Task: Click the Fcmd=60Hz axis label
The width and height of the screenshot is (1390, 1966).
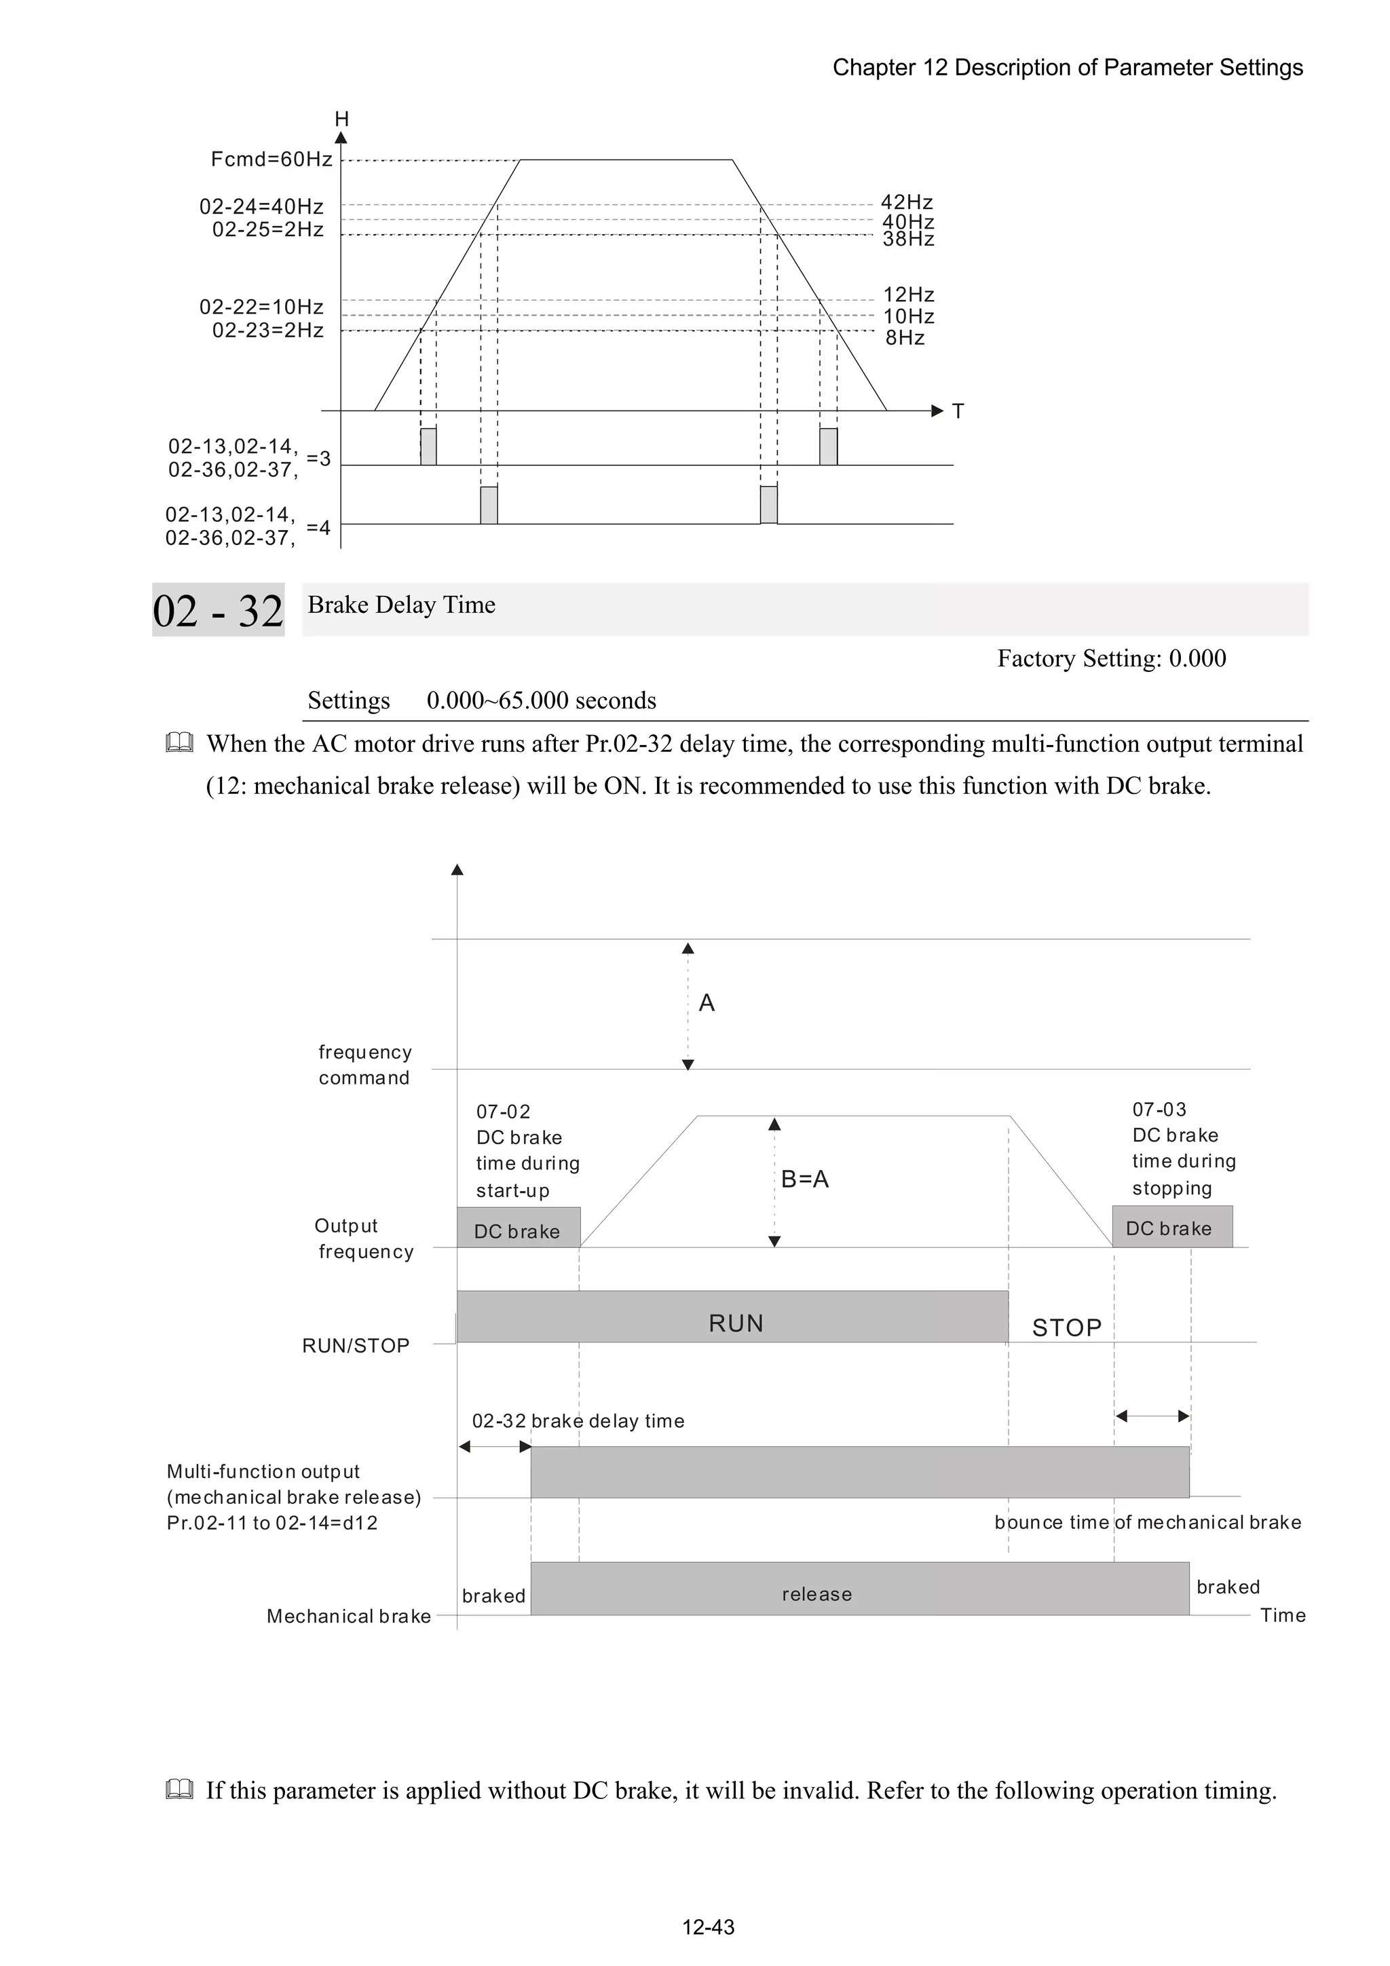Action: [x=271, y=159]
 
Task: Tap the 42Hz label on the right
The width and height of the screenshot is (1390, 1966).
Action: [x=906, y=202]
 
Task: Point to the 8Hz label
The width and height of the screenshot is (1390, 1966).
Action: [x=905, y=338]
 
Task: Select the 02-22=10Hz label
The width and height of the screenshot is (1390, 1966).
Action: [x=261, y=307]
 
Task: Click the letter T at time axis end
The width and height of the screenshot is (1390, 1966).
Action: [x=958, y=412]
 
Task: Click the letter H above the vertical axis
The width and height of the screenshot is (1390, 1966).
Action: [x=341, y=119]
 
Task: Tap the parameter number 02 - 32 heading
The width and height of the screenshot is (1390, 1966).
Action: [x=218, y=611]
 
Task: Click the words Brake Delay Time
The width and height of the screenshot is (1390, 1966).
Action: [x=401, y=605]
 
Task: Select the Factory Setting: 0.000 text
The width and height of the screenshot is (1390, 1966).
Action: [x=1111, y=658]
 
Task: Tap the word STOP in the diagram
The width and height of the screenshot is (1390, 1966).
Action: [x=1066, y=1327]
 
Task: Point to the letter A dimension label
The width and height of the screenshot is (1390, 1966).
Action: [x=706, y=1003]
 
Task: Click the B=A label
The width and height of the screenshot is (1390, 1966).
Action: [x=804, y=1179]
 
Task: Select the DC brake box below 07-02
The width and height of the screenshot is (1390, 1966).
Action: [x=517, y=1230]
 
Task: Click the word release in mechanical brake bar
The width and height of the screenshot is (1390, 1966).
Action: [x=816, y=1593]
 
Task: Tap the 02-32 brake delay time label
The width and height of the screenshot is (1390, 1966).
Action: [x=578, y=1420]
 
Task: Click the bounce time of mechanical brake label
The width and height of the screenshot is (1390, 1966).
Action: [x=1147, y=1521]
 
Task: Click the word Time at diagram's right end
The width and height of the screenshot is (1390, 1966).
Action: [x=1282, y=1615]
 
